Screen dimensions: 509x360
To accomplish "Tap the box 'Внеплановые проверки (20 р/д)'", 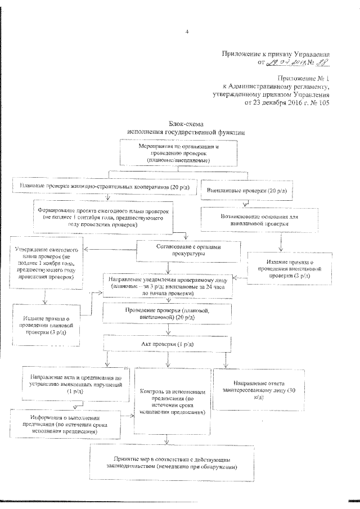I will [246, 191].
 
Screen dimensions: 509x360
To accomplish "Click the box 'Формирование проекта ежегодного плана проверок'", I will [103, 217].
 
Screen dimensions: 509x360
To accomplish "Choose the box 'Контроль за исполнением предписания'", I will [170, 401].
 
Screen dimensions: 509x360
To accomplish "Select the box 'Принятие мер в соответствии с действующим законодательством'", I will [172, 462].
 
